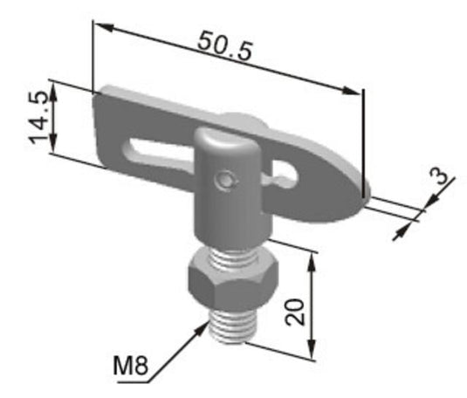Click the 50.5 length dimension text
[224, 45]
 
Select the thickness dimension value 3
[443, 177]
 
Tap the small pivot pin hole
[227, 180]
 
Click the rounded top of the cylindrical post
[225, 138]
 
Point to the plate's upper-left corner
[98, 91]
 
